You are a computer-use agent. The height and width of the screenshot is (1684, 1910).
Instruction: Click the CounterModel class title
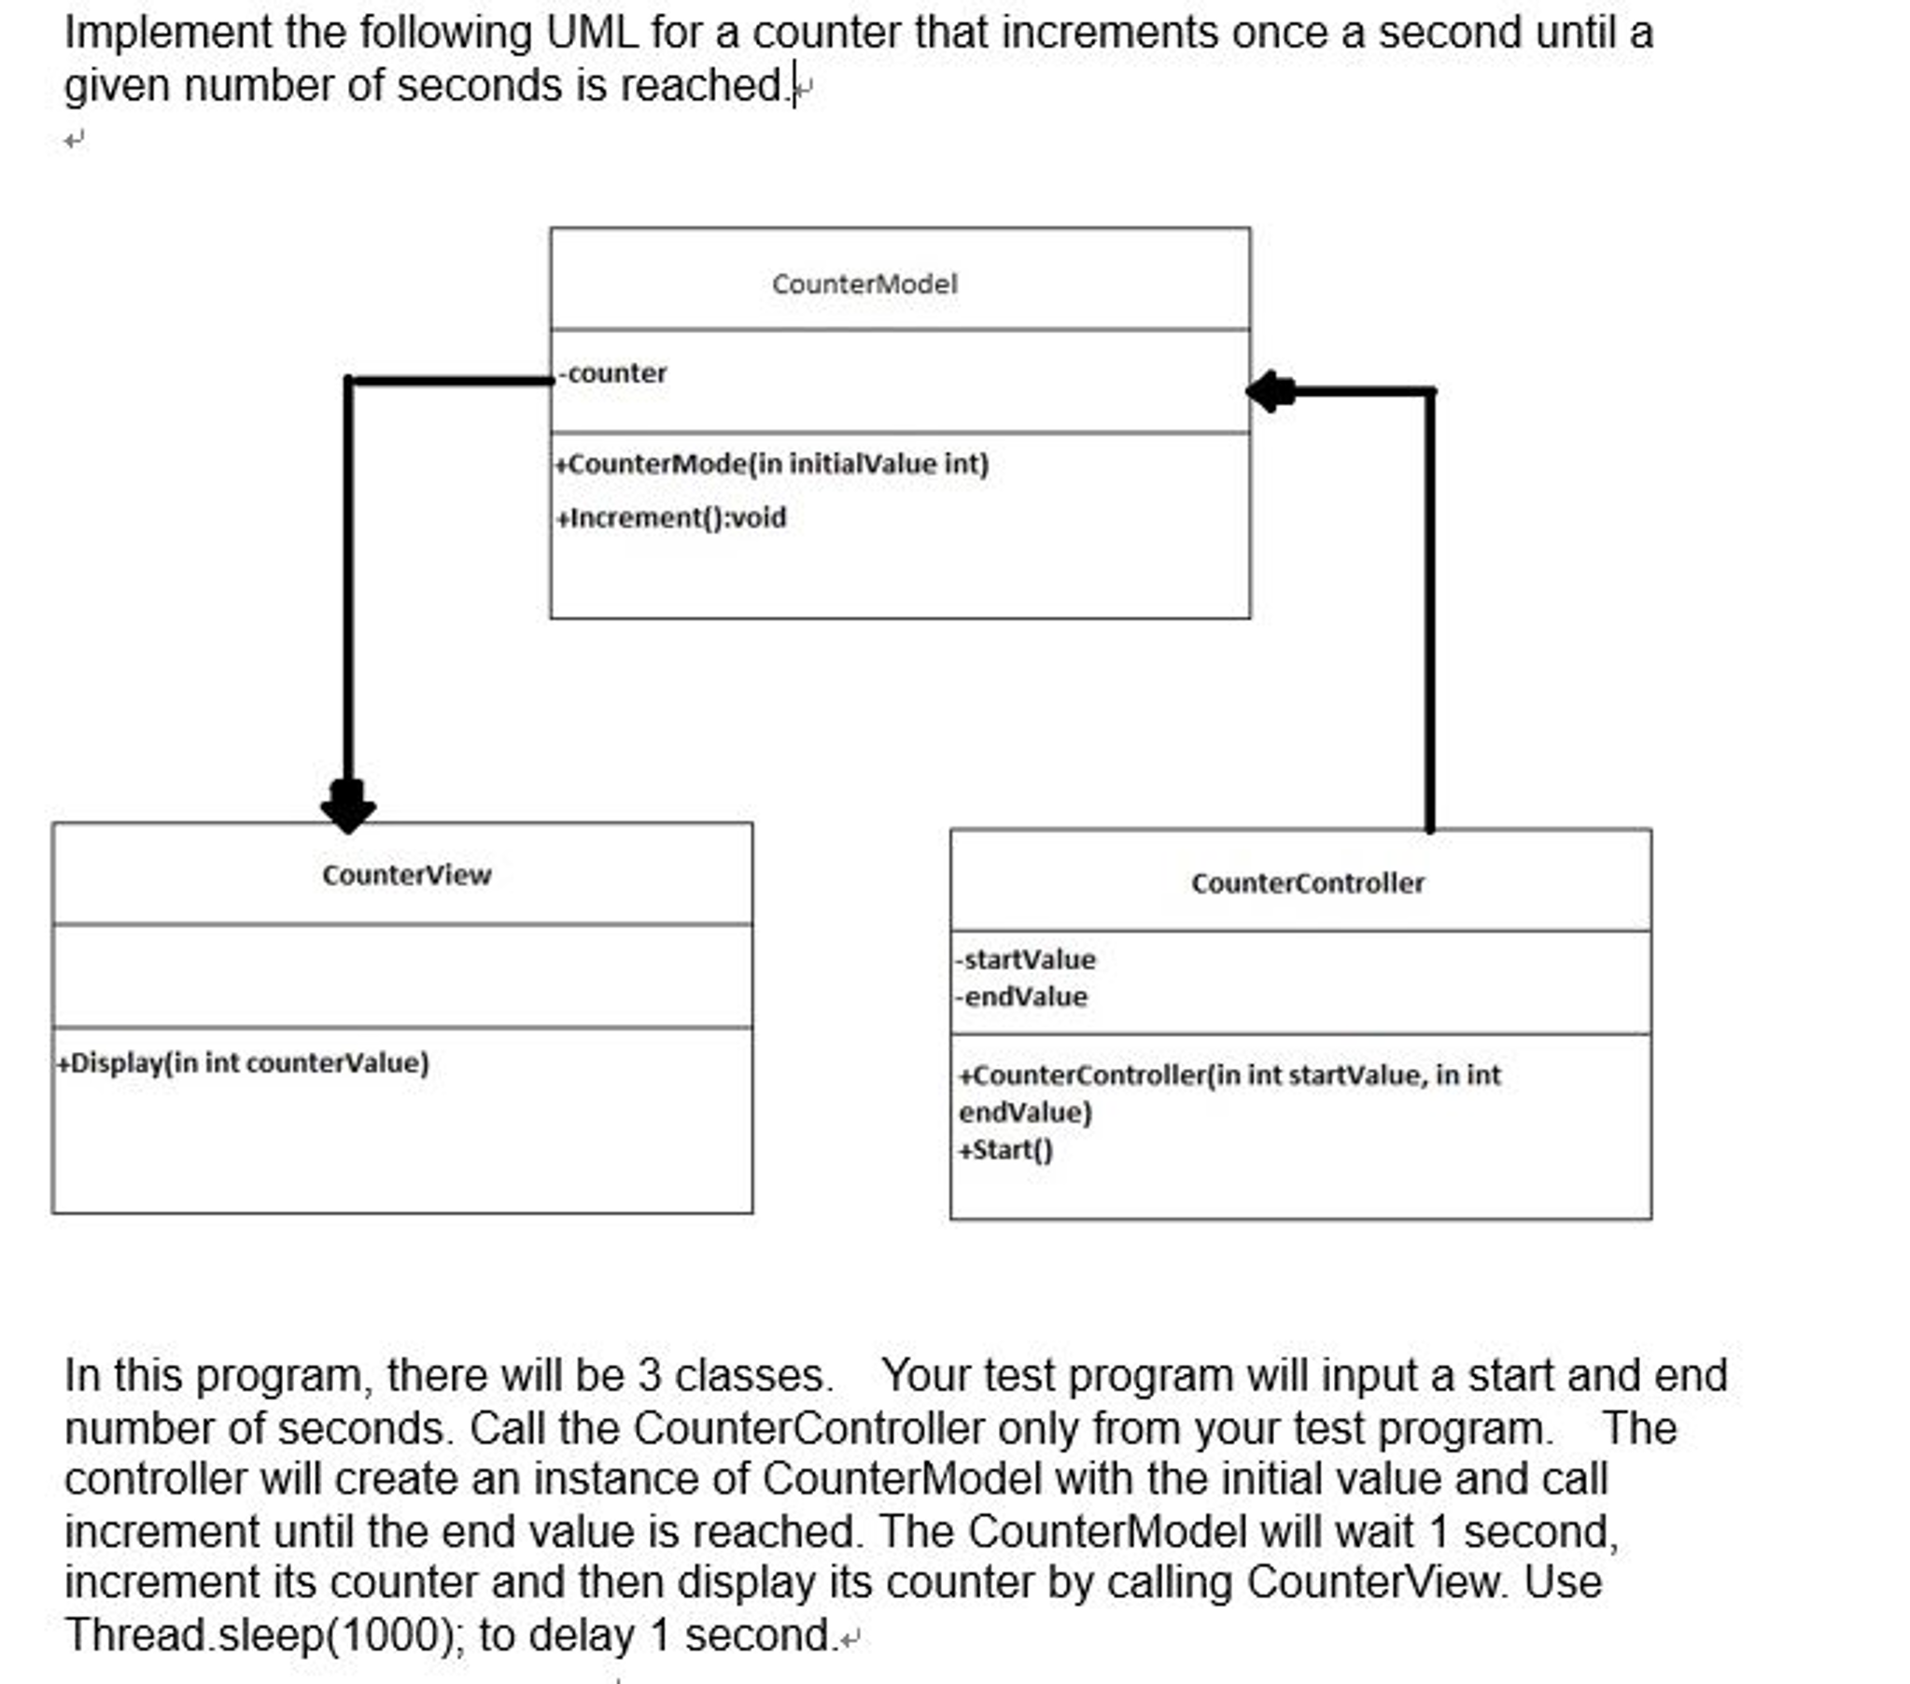[864, 284]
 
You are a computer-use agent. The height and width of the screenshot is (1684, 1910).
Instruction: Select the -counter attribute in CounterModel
[613, 373]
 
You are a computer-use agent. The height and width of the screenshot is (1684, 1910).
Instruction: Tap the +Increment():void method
[671, 518]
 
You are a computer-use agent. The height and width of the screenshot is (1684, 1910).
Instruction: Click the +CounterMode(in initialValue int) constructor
[772, 465]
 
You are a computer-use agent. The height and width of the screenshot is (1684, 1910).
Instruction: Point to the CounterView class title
[406, 876]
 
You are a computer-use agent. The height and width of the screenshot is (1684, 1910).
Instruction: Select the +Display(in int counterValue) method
[243, 1063]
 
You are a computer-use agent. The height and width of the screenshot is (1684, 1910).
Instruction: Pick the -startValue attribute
[1025, 960]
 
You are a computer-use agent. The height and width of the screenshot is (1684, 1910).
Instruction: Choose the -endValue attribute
[1021, 997]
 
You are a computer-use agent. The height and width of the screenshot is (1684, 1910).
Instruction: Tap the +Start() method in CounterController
[1005, 1150]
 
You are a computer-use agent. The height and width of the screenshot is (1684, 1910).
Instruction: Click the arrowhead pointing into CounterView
[348, 807]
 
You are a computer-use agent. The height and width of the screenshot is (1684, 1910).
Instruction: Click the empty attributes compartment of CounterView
[402, 976]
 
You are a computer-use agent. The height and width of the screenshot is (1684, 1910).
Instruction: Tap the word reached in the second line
[705, 86]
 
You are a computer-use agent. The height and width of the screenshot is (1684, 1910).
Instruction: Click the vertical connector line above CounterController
[1429, 608]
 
